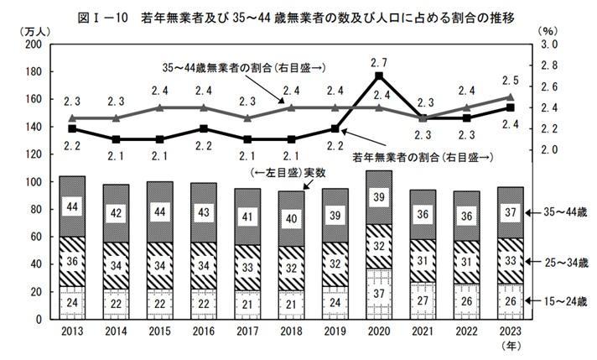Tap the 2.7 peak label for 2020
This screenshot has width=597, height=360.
(379, 61)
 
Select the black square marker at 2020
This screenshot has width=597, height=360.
(379, 76)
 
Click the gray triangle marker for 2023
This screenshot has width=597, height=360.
(510, 97)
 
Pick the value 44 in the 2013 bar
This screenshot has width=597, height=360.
(73, 206)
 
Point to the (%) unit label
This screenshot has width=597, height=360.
(547, 31)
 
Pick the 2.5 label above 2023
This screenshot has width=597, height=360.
(510, 81)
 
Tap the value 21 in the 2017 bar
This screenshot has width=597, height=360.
(247, 303)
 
